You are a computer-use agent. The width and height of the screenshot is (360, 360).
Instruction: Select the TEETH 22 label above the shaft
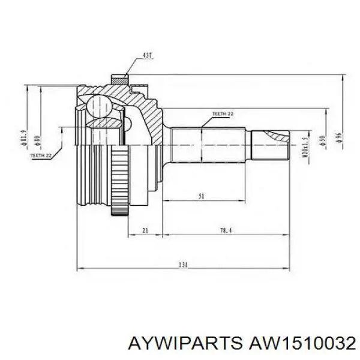tap(223, 113)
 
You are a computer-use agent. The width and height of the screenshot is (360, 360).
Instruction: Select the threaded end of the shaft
tap(270, 145)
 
